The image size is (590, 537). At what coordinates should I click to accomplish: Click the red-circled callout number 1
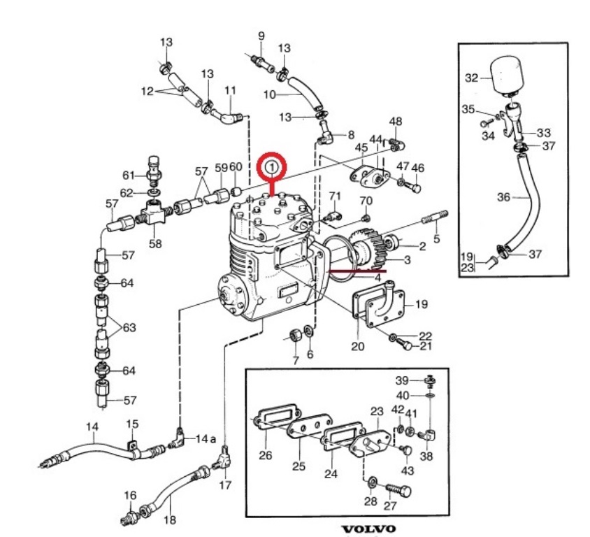(x=272, y=166)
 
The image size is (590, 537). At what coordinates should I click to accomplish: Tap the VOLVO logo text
(x=369, y=529)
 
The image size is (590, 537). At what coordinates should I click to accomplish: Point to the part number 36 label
(x=503, y=196)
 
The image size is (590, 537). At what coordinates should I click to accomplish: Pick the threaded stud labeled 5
(x=436, y=217)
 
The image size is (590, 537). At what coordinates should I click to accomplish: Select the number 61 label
(x=129, y=176)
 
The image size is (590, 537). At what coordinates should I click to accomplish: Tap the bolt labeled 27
(x=398, y=490)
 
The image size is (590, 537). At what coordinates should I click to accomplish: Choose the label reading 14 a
(x=206, y=439)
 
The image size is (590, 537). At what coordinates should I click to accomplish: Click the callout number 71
(x=335, y=196)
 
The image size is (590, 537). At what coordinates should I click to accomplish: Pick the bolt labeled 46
(x=414, y=187)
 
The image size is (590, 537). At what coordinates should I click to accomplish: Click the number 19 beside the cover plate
(x=422, y=303)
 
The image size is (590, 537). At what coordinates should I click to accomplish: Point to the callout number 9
(x=261, y=36)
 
